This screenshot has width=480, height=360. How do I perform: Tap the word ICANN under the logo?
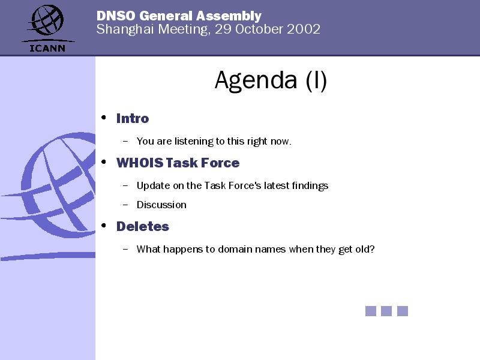[x=47, y=48]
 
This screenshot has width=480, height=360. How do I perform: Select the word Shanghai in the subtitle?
[x=125, y=29]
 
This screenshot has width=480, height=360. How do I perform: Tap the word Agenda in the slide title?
[x=256, y=81]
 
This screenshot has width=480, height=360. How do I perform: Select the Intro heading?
[x=133, y=118]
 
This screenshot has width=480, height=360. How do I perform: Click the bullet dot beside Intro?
[x=104, y=117]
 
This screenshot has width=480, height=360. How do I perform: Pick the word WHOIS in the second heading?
[x=140, y=163]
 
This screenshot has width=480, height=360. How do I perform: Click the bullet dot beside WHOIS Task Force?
[x=104, y=161]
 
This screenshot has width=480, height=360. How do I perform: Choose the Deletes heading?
[x=143, y=227]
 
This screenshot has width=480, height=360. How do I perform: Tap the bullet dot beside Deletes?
[x=104, y=226]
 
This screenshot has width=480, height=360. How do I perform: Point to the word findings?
[x=310, y=186]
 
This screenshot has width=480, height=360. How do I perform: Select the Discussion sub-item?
[x=161, y=205]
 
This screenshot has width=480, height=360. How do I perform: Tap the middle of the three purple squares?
[x=386, y=311]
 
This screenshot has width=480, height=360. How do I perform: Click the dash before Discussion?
[x=125, y=205]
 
